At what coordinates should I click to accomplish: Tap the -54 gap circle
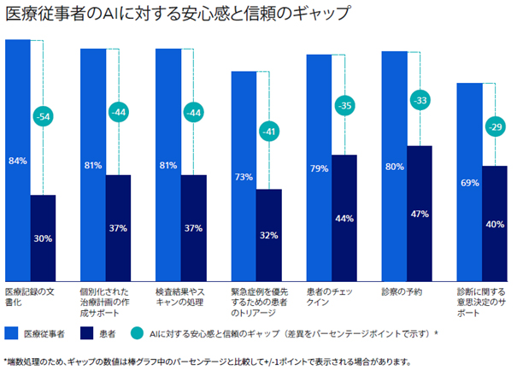click(43, 115)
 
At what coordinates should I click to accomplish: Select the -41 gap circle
click(269, 132)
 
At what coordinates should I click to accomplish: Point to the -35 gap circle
click(344, 106)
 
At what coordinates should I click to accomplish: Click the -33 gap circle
click(420, 101)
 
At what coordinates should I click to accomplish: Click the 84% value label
click(17, 160)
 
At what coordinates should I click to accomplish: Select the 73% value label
click(244, 177)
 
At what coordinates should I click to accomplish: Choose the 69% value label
click(469, 184)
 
